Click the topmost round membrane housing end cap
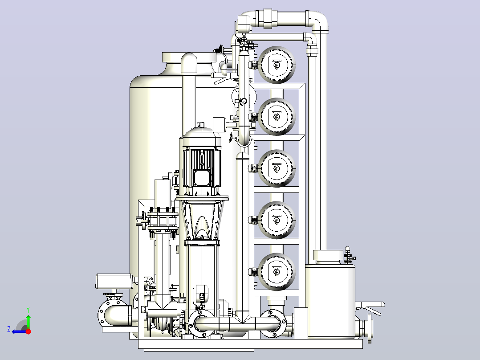click(277, 65)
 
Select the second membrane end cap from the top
click(277, 116)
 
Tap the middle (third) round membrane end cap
click(277, 168)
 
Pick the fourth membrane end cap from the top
click(277, 220)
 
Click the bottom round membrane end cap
click(277, 272)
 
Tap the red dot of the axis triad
click(28, 331)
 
